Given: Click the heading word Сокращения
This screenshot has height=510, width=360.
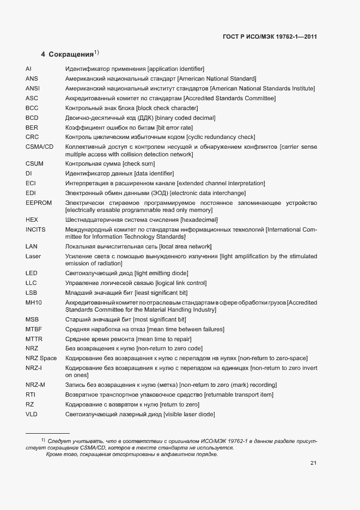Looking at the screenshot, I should (x=71, y=54).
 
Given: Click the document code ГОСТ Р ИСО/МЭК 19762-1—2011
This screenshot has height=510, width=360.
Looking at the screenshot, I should (x=270, y=37).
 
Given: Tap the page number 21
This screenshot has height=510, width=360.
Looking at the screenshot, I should (x=313, y=463).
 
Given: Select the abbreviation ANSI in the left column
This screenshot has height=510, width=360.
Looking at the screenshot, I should (x=32, y=88).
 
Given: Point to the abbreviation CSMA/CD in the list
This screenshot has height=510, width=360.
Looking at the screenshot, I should (x=39, y=147).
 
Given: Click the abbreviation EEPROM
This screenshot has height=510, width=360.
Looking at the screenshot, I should (x=38, y=203).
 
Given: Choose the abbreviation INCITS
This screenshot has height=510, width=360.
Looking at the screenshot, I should (x=35, y=230).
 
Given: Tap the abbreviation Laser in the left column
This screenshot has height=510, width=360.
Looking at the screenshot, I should (x=33, y=256).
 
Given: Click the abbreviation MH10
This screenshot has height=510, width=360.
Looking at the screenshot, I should (x=34, y=302).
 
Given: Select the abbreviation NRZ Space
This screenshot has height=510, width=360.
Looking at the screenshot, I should (x=41, y=358).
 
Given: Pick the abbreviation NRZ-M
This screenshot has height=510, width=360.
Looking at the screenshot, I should (x=35, y=385).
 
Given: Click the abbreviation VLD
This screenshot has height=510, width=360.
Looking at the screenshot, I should (x=32, y=415).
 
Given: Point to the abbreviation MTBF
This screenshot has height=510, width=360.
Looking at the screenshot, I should (x=34, y=329).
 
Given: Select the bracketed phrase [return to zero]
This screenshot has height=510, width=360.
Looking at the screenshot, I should (x=179, y=405).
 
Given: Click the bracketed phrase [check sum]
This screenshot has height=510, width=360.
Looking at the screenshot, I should (x=139, y=163).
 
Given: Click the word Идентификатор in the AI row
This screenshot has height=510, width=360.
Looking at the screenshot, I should (x=85, y=69).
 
